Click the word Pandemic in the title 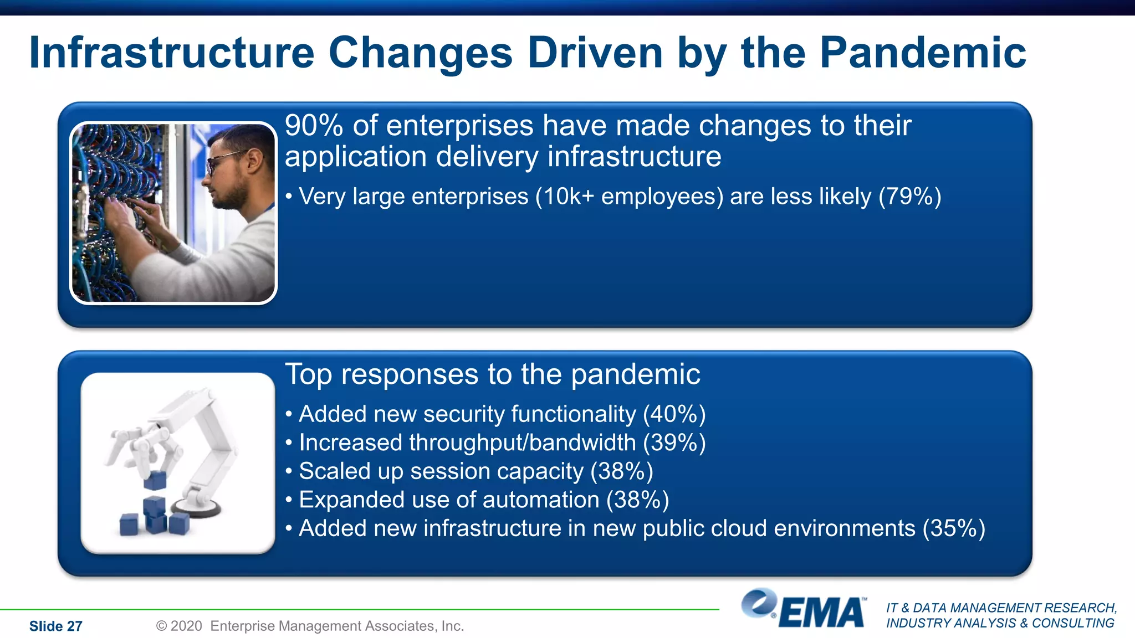pos(922,53)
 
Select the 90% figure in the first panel pos(314,126)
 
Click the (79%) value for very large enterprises pos(909,197)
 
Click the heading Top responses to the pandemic pos(492,374)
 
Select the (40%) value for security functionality pos(674,414)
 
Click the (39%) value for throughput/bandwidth pos(674,443)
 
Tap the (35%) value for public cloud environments pos(953,528)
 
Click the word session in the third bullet pos(444,471)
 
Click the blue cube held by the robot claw pos(155,480)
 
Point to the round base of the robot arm pos(197,506)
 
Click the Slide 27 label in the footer pos(55,626)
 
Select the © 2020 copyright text pos(179,626)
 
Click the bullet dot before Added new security pos(289,414)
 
